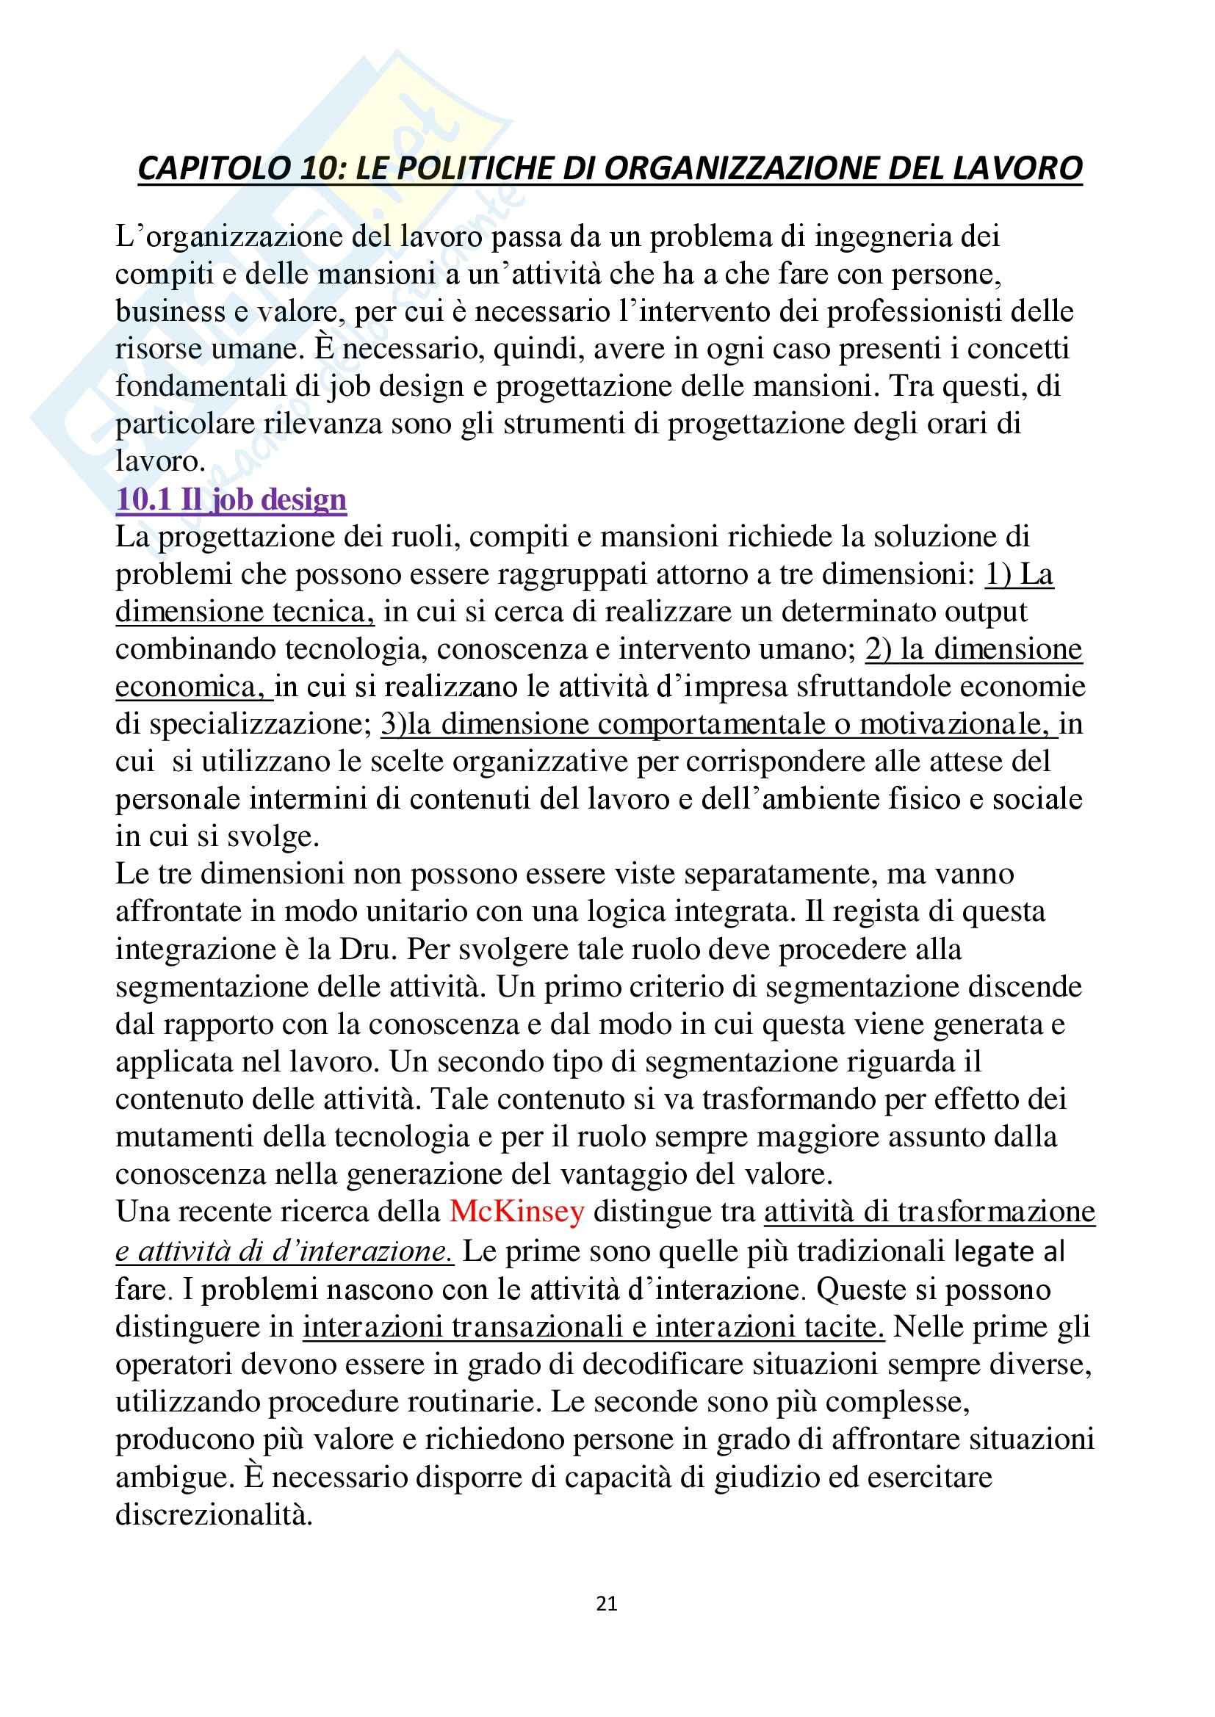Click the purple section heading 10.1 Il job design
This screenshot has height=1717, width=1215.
click(x=231, y=499)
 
